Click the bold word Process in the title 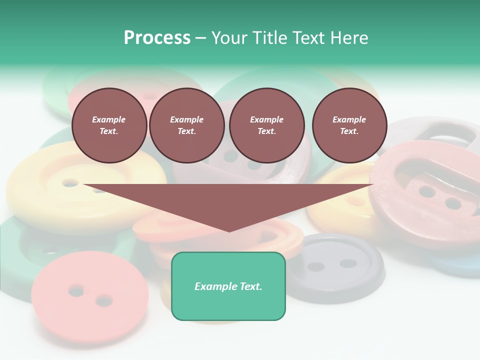[157, 38]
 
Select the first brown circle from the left [109, 125]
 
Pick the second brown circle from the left [186, 125]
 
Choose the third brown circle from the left [266, 125]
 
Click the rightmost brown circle [349, 125]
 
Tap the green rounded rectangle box [228, 286]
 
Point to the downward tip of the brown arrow [229, 230]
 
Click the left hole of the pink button [76, 289]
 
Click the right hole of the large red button [452, 203]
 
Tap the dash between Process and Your [200, 38]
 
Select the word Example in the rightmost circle [349, 119]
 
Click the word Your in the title [230, 38]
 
